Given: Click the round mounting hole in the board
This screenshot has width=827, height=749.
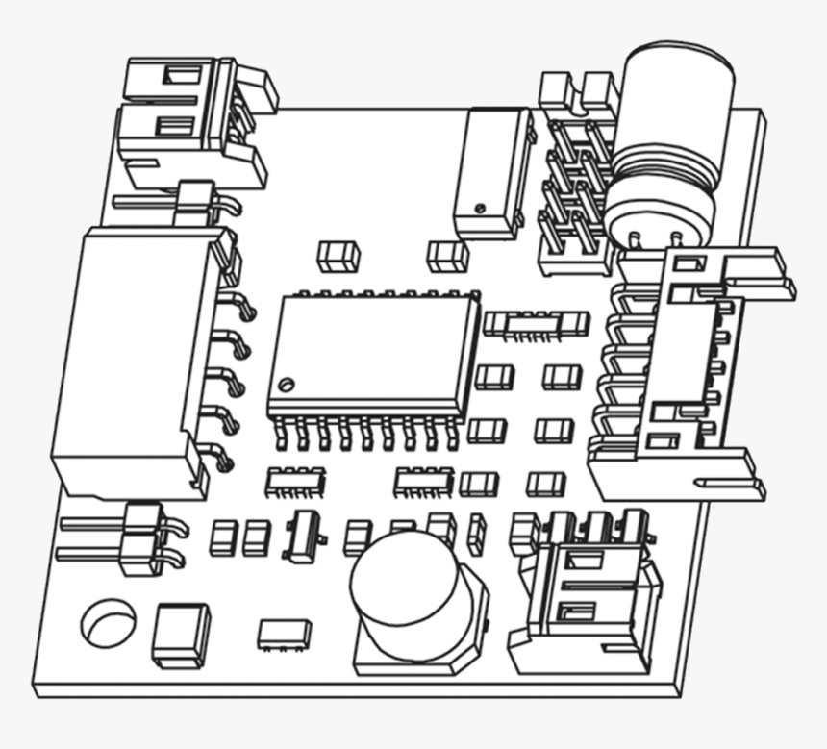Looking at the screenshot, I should tap(109, 622).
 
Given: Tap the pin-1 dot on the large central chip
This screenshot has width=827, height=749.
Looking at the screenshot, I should tap(285, 385).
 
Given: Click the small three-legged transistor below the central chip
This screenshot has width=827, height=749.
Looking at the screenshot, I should tap(304, 534).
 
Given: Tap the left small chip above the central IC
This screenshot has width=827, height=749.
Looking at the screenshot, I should tap(338, 256).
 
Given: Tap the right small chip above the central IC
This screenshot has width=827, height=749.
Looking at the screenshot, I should tap(447, 256).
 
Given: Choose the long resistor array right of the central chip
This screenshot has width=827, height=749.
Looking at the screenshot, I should tap(536, 324).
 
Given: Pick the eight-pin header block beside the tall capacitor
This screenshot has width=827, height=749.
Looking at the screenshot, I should tap(574, 183).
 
